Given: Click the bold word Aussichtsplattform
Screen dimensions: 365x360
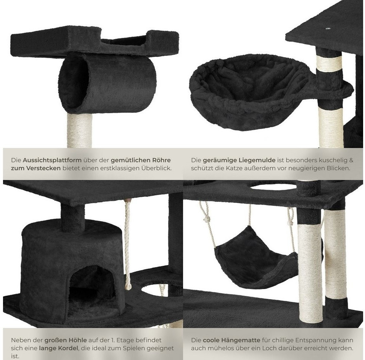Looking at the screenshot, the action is (x=52, y=160).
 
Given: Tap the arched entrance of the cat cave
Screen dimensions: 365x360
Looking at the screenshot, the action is (x=92, y=291).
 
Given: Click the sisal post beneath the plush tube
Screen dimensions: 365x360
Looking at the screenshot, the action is (x=80, y=130).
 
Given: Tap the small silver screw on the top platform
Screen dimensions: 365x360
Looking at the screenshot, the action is (x=329, y=29).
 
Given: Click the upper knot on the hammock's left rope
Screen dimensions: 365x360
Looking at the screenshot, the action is (x=207, y=219).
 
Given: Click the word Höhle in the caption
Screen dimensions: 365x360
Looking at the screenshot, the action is (x=78, y=340).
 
